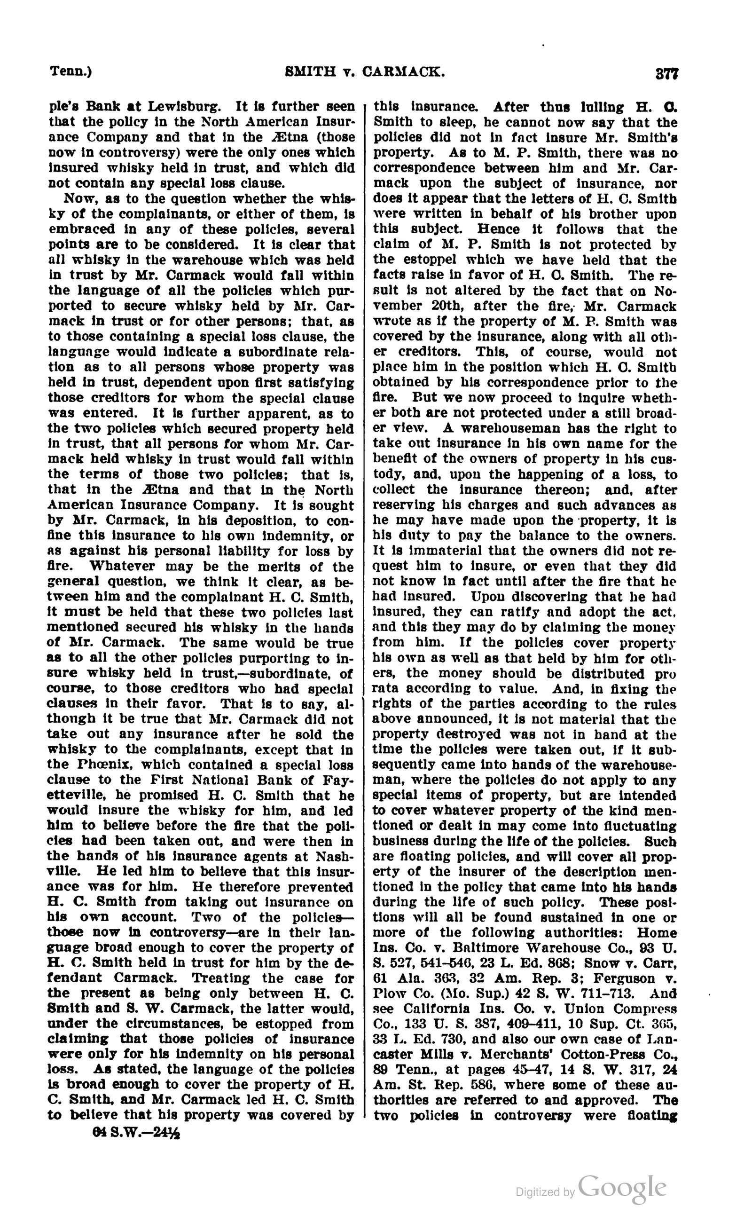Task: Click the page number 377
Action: point(666,73)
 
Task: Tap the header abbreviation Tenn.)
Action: point(70,71)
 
